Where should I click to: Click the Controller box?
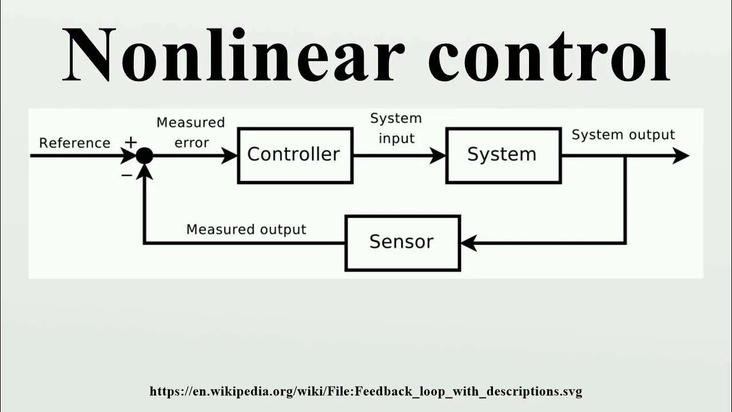[295, 155]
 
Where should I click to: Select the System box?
[503, 155]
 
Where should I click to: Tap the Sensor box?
[402, 243]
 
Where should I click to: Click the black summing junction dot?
[144, 155]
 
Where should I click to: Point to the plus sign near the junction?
[131, 142]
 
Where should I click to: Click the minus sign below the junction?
[127, 175]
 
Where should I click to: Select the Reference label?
[74, 143]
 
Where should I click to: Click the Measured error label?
[191, 133]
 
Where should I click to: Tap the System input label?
[396, 129]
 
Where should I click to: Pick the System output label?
[623, 135]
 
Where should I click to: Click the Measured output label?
[246, 229]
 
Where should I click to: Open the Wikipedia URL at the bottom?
[365, 392]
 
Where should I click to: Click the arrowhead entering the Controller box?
[230, 155]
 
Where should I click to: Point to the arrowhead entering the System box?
[439, 155]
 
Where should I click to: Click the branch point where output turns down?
[625, 155]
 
